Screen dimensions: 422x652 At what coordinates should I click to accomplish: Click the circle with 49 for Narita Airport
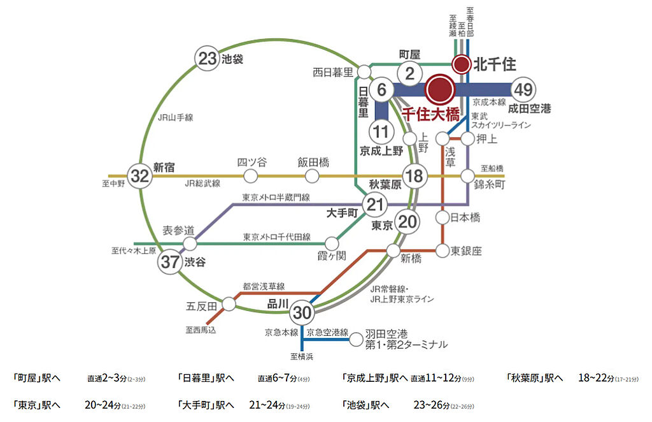tap(525, 89)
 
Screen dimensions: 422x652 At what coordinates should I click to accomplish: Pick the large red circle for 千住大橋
tap(440, 91)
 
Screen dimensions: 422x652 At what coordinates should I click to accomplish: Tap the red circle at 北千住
tap(461, 64)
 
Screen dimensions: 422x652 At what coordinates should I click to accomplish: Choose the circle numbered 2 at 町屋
tap(411, 73)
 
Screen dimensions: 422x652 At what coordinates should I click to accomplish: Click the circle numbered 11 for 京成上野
tap(381, 133)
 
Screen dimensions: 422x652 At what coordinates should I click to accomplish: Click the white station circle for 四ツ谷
tap(251, 175)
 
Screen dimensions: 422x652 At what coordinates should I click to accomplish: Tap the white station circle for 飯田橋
tap(312, 175)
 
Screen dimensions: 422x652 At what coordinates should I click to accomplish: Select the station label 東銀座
tap(466, 251)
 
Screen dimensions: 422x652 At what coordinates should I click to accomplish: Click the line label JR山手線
tap(175, 117)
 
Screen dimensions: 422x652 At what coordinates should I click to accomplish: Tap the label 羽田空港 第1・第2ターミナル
tap(406, 339)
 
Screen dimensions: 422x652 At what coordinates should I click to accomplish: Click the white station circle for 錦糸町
tap(469, 175)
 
